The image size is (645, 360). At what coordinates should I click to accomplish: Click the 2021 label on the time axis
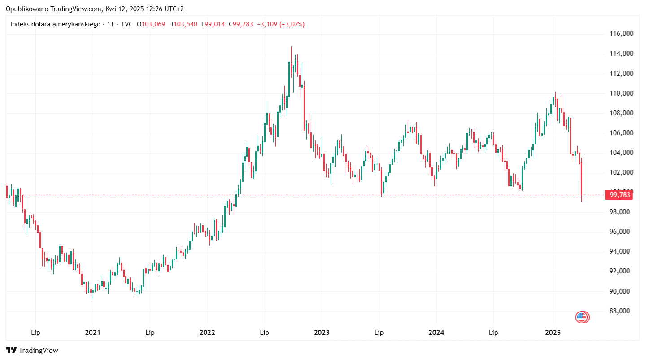tap(92, 333)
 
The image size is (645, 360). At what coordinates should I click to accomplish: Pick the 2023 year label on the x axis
tap(322, 333)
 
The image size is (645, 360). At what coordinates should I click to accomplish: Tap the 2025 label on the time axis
tap(553, 333)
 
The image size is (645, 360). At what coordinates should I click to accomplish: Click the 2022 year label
tap(207, 333)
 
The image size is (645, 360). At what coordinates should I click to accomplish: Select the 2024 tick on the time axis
tap(436, 333)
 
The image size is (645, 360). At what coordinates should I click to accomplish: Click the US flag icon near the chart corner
tap(582, 317)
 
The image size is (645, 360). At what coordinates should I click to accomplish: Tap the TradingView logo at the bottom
tap(32, 351)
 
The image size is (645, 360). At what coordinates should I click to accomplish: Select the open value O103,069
tap(151, 24)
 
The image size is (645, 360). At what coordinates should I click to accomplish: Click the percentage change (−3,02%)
tap(292, 24)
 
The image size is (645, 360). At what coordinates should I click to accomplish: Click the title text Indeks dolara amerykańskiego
tap(55, 24)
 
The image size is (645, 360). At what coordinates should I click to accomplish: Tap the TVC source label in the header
tap(127, 24)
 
